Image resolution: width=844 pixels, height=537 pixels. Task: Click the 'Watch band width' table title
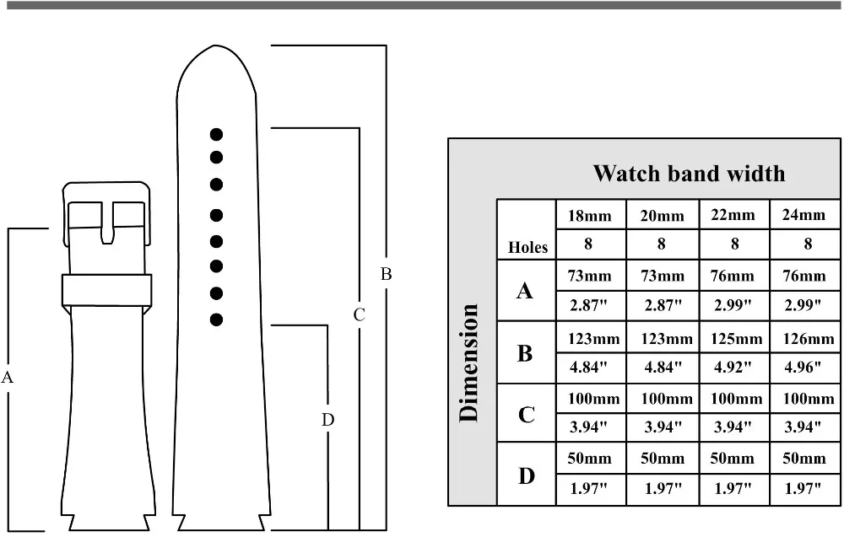(x=689, y=174)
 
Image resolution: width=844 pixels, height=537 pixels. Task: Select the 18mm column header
(x=589, y=216)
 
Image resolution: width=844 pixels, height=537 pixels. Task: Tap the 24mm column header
(x=803, y=215)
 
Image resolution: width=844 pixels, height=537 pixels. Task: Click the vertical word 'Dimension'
(x=469, y=362)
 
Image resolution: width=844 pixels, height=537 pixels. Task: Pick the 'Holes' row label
(x=527, y=247)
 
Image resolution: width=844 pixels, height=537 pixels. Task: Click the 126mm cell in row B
(x=809, y=339)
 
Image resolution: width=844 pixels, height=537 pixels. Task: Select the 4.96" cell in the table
(x=803, y=368)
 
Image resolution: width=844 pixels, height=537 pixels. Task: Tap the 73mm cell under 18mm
(x=589, y=277)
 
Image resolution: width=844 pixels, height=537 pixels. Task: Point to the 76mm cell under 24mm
(x=804, y=277)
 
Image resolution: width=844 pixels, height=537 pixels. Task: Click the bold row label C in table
(x=526, y=415)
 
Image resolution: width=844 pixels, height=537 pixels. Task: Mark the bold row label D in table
(x=526, y=475)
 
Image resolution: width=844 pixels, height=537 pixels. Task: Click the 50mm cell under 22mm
(x=732, y=459)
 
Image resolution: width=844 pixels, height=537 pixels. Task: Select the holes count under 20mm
(x=662, y=244)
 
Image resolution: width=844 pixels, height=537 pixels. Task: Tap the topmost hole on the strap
(x=216, y=134)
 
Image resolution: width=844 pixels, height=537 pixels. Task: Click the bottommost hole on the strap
(x=216, y=320)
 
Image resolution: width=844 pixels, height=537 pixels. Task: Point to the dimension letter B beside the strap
(x=386, y=274)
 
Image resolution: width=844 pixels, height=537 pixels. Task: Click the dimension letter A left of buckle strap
(x=7, y=378)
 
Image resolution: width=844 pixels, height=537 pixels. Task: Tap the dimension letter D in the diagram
(x=327, y=419)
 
